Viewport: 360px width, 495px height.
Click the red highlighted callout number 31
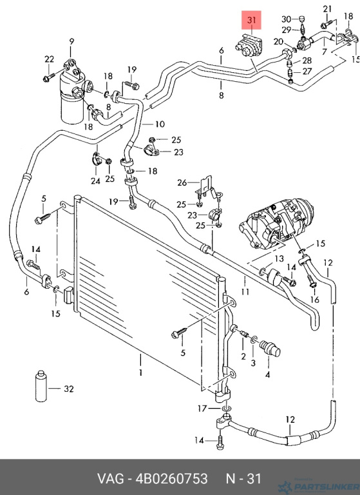click(x=251, y=20)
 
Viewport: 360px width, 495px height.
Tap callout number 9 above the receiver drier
click(x=71, y=41)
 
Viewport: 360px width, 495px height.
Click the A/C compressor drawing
click(x=277, y=223)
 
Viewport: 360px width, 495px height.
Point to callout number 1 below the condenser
click(x=141, y=373)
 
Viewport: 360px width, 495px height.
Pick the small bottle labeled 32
click(x=41, y=386)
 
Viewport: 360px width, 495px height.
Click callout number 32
click(x=69, y=389)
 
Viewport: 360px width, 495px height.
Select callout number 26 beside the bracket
click(x=182, y=182)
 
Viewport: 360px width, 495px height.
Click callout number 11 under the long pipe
click(x=245, y=291)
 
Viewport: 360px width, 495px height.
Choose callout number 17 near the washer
click(x=202, y=409)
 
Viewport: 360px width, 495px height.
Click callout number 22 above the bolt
click(x=49, y=59)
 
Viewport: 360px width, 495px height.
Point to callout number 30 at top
click(x=286, y=19)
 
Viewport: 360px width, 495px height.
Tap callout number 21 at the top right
click(x=327, y=9)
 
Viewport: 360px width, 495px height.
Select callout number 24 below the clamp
click(x=95, y=180)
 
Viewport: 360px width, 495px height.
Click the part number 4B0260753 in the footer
click(x=172, y=479)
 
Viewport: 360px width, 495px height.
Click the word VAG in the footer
click(x=110, y=479)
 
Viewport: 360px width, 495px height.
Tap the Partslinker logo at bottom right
click(x=319, y=485)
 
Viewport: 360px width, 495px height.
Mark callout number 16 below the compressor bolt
click(x=314, y=299)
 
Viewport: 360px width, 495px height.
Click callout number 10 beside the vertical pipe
click(x=160, y=124)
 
